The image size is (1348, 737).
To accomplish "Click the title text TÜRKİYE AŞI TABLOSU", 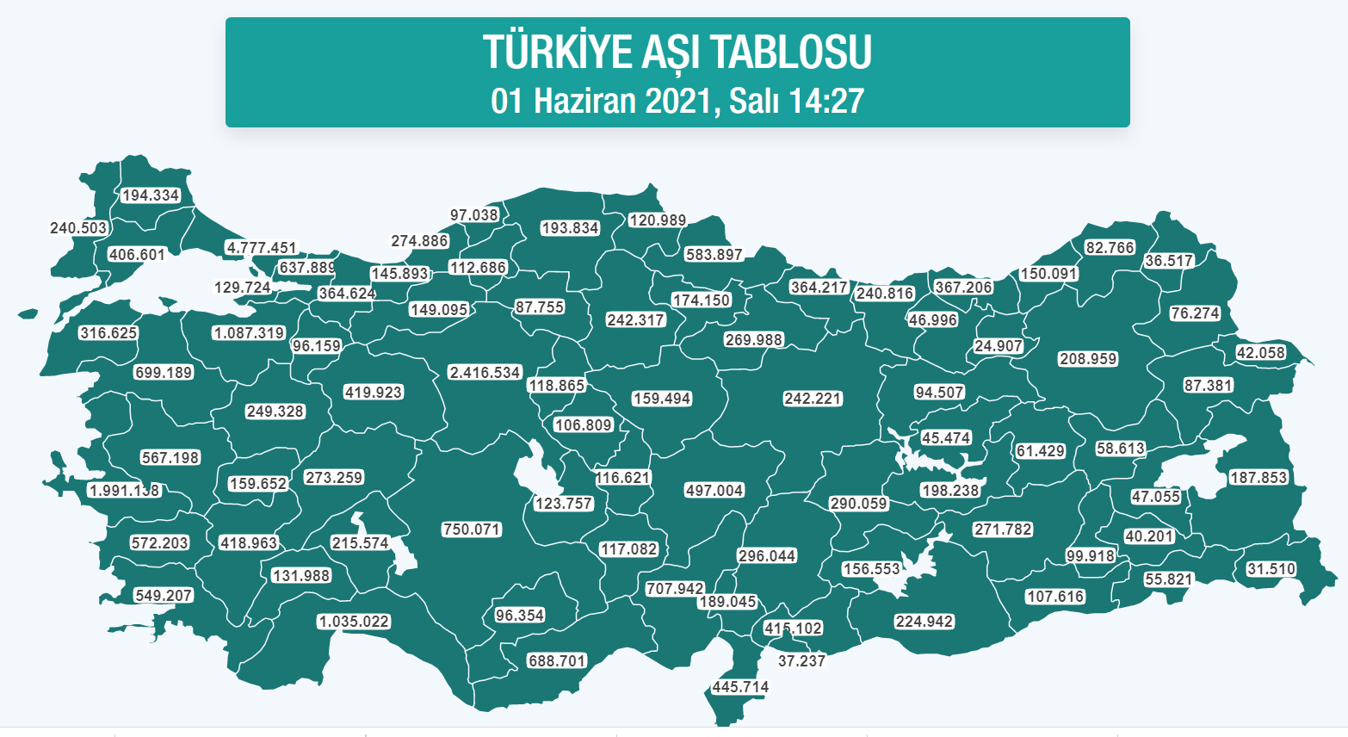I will pos(677,52).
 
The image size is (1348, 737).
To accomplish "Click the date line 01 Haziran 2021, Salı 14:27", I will pos(677,101).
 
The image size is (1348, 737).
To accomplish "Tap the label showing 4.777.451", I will pos(261,248).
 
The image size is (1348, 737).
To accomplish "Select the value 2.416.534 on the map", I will pos(485,373).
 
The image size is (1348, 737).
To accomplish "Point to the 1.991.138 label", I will pos(124,491).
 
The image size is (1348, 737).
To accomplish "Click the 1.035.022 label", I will pos(353,622).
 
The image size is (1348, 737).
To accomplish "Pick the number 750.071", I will pos(471,530).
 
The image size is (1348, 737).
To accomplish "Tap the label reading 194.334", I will pos(151,195).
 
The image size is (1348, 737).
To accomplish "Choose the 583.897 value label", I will pos(714,255).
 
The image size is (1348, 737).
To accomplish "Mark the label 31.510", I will pos(1271,569).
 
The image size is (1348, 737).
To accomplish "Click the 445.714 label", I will pos(740,687).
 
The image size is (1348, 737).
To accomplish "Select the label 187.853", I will pos(1258,478).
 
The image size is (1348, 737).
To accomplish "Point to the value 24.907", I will pos(999,346).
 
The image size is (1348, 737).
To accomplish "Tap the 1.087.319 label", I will pos(249,333).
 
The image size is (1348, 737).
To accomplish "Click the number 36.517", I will pos(1169,261).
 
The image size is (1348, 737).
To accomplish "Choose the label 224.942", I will pos(924,622).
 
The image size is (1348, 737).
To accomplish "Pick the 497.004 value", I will pos(714,490).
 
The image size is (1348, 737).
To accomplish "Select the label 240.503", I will pos(78,228).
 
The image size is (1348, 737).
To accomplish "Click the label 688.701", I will pos(557,661).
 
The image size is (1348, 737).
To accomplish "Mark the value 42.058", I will pos(1260,353).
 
